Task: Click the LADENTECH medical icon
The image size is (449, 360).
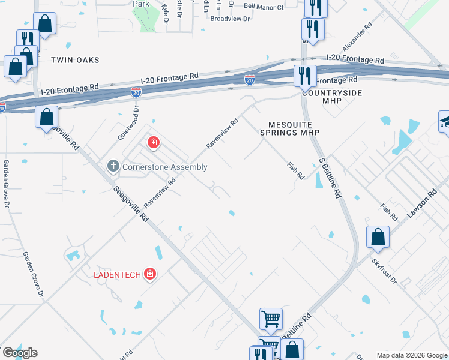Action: [150, 275]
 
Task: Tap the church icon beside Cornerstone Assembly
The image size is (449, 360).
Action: [112, 166]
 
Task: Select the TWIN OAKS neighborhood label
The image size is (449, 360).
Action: [75, 60]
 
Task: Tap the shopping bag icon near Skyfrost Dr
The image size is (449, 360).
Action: [378, 238]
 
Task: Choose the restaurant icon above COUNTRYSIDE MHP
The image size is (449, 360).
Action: [305, 76]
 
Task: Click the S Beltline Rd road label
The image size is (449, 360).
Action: [330, 178]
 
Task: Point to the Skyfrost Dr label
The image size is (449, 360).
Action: [384, 271]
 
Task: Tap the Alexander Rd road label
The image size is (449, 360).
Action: [357, 37]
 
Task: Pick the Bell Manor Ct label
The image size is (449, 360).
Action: [264, 7]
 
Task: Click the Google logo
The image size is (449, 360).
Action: [19, 353]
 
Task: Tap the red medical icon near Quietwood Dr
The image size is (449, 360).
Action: [154, 142]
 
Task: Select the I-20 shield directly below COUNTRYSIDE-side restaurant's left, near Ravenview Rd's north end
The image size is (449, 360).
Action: [249, 79]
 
